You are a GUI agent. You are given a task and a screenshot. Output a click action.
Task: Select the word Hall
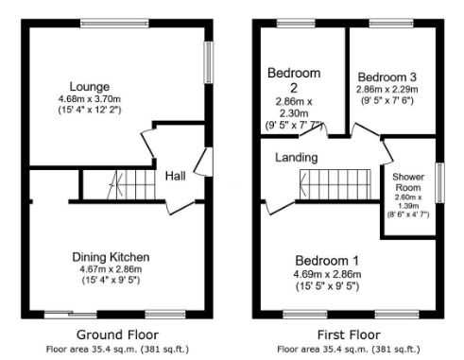pyautogui.click(x=175, y=175)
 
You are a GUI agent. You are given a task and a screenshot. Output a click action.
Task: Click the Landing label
pyautogui.click(x=295, y=158)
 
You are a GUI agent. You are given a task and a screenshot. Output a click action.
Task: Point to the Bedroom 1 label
pyautogui.click(x=327, y=260)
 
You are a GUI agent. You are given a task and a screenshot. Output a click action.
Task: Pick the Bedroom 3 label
pyautogui.click(x=387, y=77)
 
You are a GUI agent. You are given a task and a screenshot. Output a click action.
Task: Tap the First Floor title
pyautogui.click(x=347, y=334)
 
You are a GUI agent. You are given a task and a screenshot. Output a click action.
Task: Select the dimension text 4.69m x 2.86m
pyautogui.click(x=327, y=274)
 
